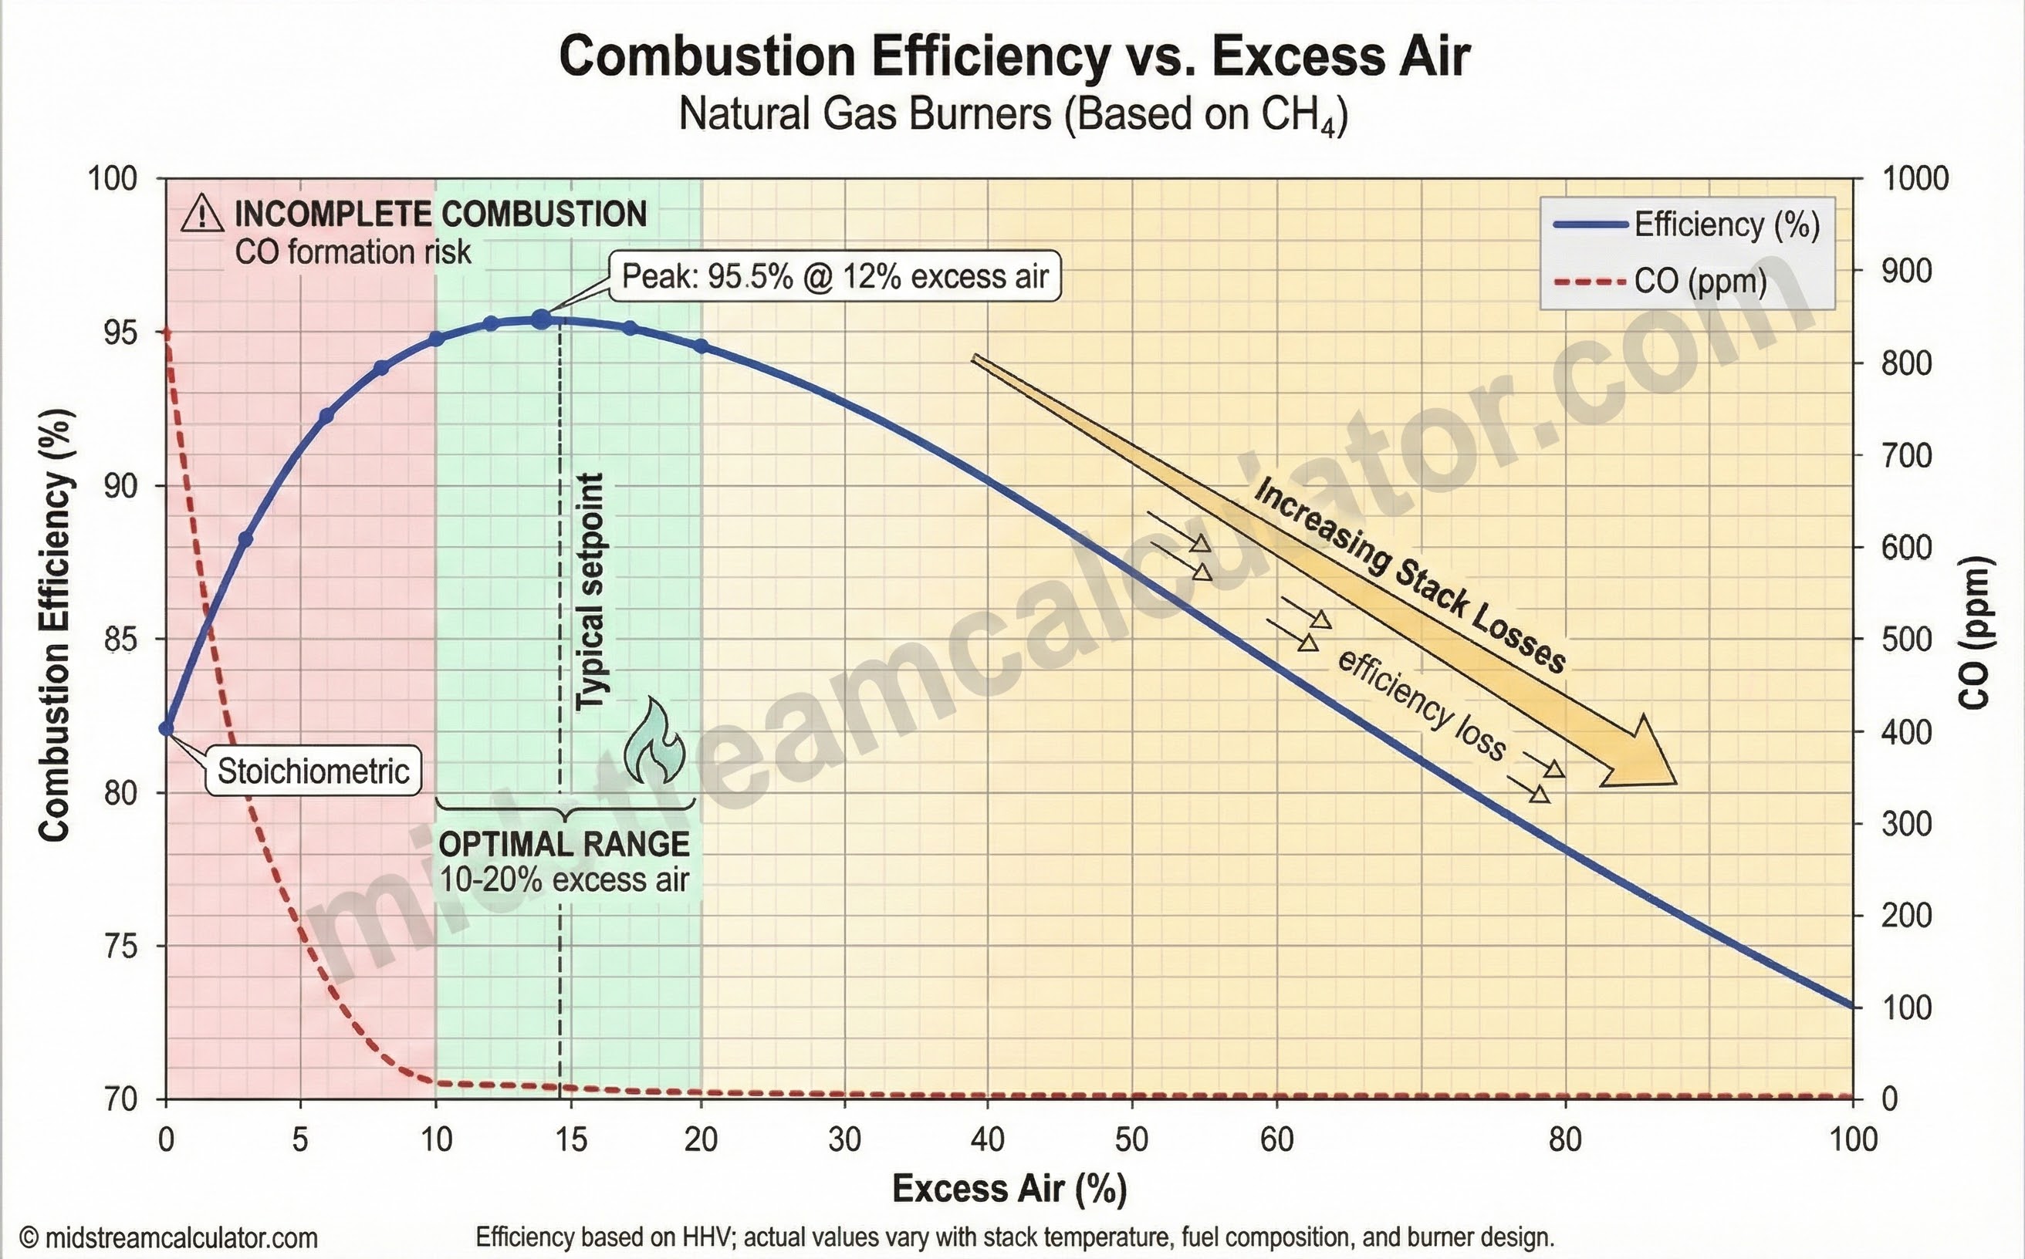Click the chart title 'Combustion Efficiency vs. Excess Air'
[1014, 56]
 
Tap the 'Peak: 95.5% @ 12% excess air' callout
[835, 275]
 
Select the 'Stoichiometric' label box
[313, 771]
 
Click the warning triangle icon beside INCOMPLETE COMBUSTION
[202, 214]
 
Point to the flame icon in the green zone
[654, 742]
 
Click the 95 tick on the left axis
[111, 332]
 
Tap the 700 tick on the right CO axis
[1906, 455]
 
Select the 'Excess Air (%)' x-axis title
[1009, 1188]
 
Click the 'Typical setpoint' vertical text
[590, 591]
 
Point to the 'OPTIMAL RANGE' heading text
[564, 844]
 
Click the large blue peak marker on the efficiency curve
[542, 318]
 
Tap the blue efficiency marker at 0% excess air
[167, 728]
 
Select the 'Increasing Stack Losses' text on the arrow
[1410, 575]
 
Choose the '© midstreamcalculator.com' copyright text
[169, 1238]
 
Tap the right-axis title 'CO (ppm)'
[1975, 633]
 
